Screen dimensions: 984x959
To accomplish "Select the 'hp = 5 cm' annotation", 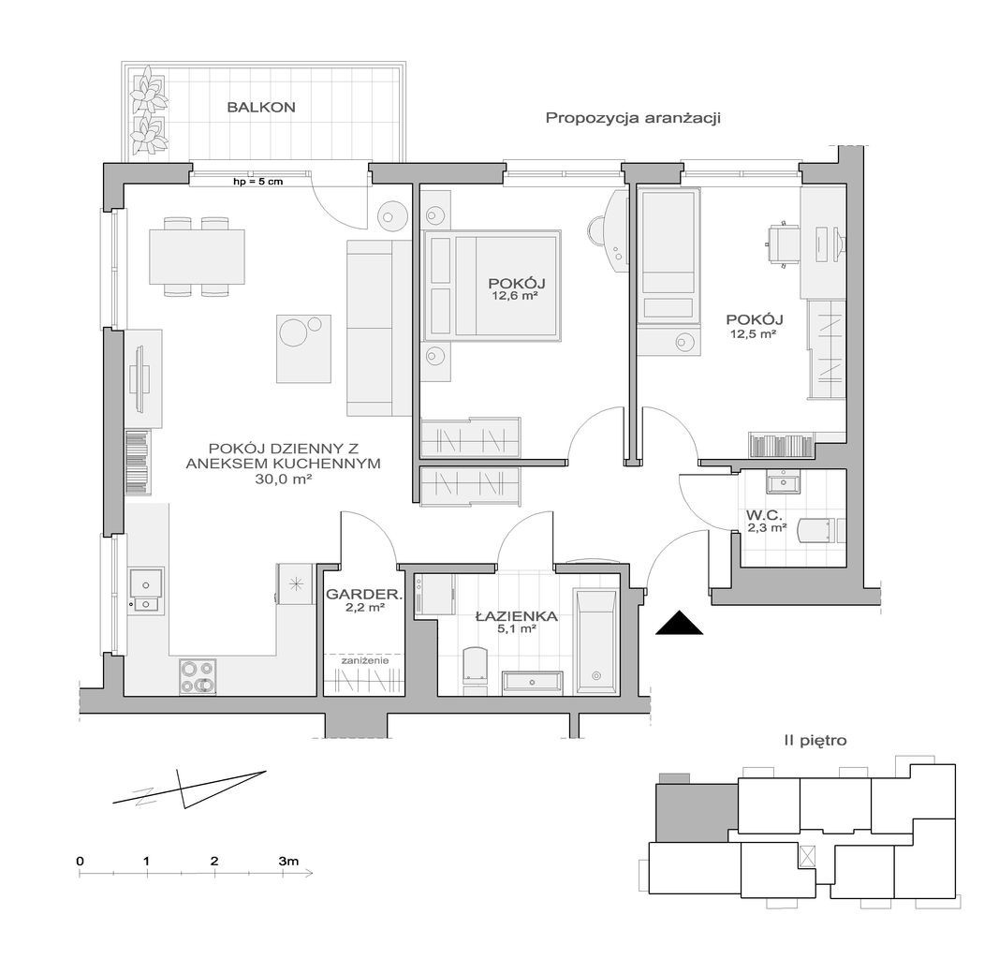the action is point(257,182).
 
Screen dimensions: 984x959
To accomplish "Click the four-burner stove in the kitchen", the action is point(198,676).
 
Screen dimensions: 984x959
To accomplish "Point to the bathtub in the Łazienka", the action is point(595,642).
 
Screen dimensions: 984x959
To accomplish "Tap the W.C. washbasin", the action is point(783,483).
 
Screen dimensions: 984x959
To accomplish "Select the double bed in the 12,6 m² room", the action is point(492,285).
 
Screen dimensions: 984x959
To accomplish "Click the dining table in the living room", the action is point(197,257).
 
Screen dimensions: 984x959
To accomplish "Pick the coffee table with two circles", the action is point(303,348).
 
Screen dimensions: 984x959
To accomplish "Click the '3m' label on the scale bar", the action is point(288,861).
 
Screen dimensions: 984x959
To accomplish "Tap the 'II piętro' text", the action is point(815,741).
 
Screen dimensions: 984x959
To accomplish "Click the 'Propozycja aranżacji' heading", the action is point(633,118).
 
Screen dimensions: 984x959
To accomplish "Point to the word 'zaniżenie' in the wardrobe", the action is point(364,661).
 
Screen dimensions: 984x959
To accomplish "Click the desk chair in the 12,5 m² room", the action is point(781,244).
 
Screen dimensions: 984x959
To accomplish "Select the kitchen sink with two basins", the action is point(146,589).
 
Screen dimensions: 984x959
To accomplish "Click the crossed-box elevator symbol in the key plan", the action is point(806,856).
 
